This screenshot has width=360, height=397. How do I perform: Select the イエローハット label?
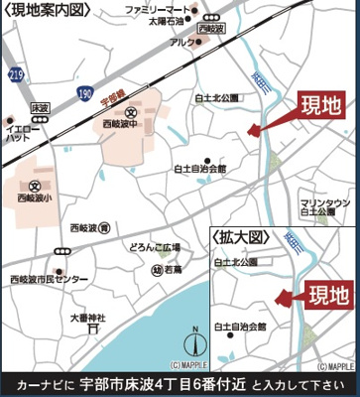point(21,134)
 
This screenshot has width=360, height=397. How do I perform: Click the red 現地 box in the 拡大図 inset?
point(328,296)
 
